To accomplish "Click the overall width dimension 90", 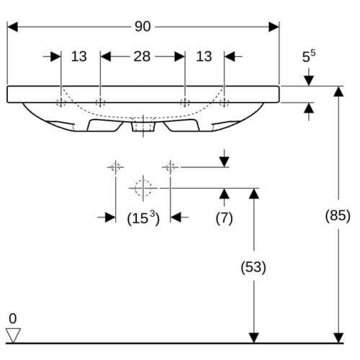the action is [x=143, y=27].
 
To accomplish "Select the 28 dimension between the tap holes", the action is [x=142, y=57].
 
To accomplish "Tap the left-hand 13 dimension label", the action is [x=79, y=57].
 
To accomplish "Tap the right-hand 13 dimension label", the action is [x=204, y=57].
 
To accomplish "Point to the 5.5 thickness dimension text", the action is [x=309, y=56].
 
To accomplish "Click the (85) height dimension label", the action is [x=338, y=215].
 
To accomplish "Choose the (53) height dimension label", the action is [x=253, y=267].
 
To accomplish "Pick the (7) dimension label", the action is [x=224, y=218].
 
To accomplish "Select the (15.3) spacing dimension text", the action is [x=143, y=218].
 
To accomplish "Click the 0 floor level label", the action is [x=13, y=319].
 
